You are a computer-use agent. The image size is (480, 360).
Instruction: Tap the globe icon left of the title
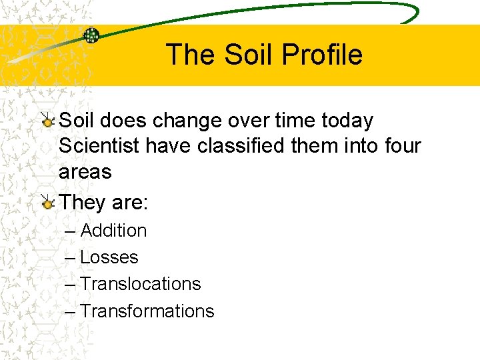click(x=91, y=36)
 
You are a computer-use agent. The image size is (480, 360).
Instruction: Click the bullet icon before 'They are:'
click(x=47, y=203)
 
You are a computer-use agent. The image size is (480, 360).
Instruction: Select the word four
click(x=403, y=146)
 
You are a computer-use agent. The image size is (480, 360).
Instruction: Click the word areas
click(x=85, y=171)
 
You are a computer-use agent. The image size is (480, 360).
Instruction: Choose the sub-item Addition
click(x=113, y=231)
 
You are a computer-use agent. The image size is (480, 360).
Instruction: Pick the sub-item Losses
click(x=109, y=257)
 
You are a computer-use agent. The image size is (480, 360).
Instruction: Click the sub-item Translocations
click(x=140, y=284)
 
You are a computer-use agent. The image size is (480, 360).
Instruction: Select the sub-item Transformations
click(x=147, y=311)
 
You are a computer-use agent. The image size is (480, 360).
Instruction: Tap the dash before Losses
click(x=71, y=258)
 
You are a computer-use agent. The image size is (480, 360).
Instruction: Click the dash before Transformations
click(x=71, y=312)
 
